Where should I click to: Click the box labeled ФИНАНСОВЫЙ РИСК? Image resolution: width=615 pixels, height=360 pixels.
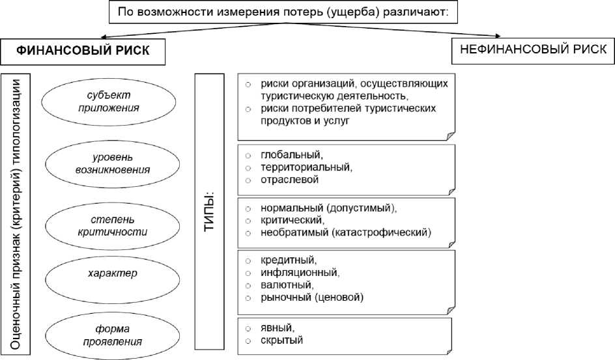(x=81, y=52)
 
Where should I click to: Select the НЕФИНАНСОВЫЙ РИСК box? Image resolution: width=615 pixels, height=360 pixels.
(x=533, y=50)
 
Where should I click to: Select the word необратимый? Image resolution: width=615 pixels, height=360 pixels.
(x=294, y=232)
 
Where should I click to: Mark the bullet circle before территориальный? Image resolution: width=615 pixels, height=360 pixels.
(x=248, y=168)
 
